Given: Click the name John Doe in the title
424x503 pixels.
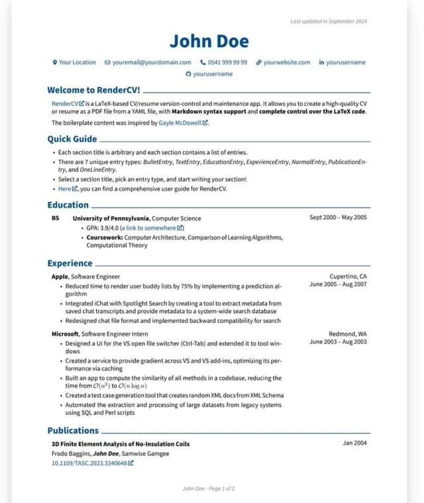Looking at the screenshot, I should [209, 41].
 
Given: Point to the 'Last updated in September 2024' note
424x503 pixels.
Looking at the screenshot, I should [329, 21].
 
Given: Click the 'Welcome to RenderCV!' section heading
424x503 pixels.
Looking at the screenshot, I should [93, 90].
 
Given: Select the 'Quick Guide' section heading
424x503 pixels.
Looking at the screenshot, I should [72, 139].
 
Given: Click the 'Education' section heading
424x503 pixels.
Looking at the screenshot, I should [68, 205].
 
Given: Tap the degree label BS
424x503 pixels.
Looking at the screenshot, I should [55, 218].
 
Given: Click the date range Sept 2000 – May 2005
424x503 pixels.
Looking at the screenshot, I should [338, 217].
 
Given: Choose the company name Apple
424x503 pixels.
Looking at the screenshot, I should [60, 276].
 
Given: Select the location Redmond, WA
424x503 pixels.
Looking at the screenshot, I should [347, 334].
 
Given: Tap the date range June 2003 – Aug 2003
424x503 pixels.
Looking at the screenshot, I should [338, 342].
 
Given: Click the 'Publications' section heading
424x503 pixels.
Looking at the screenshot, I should [73, 430].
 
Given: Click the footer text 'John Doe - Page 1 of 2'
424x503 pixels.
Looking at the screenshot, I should [209, 488].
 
